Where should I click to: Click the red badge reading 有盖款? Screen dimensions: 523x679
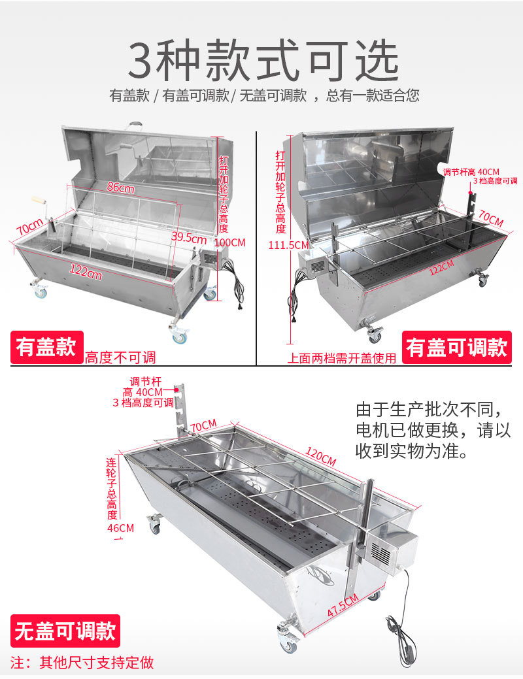(x=46, y=347)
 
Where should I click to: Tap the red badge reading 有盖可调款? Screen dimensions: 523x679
(x=456, y=347)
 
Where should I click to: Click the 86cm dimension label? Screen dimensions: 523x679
(x=121, y=188)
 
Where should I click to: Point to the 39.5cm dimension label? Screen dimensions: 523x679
(x=189, y=239)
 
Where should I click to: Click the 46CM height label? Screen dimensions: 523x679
(x=121, y=527)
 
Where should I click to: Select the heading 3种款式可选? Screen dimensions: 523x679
(x=262, y=61)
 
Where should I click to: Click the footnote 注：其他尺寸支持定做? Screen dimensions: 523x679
(x=82, y=662)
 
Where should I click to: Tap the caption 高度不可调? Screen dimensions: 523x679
(x=120, y=357)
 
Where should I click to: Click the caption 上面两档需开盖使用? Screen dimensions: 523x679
(x=342, y=357)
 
